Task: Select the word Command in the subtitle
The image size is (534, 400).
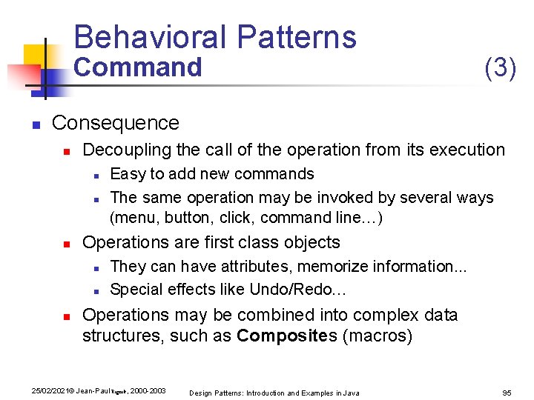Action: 138,67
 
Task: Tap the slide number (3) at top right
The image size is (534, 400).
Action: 500,67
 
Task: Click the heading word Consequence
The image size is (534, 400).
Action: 116,123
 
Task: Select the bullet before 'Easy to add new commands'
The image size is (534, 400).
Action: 97,175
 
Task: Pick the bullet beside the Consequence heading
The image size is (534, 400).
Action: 35,124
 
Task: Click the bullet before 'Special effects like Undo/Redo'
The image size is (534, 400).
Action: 97,290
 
